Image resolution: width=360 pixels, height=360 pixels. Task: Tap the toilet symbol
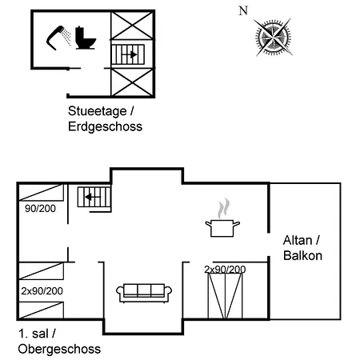coord(85,38)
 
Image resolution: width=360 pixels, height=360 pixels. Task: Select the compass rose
coord(273,37)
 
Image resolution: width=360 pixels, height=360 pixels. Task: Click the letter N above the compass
coord(243,10)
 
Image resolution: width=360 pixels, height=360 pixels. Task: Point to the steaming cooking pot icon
coord(222,218)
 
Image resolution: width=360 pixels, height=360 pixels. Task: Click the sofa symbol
coord(144,293)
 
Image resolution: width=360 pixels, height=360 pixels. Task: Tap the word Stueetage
coord(98,111)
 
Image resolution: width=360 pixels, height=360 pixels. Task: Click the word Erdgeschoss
coord(105,126)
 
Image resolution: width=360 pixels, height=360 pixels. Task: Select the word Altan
coord(298,240)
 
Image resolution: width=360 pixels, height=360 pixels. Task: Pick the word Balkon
coord(302,255)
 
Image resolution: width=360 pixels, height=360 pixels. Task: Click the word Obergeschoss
coord(59,349)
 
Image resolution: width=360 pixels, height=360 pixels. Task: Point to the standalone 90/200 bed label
coord(40,209)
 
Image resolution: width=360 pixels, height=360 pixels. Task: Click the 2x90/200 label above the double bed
coord(225,270)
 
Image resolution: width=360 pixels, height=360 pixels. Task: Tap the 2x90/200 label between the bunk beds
coord(42,291)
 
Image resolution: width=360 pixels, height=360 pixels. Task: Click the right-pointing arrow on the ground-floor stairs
coord(130,54)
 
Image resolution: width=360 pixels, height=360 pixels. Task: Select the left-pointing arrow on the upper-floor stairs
coord(93,197)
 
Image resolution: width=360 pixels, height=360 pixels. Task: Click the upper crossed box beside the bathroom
coord(132,26)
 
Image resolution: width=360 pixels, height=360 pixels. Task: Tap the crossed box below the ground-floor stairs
coord(132,82)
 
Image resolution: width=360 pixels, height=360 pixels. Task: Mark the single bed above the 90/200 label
coord(42,192)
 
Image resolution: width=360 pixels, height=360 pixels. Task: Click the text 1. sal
coord(37,334)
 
